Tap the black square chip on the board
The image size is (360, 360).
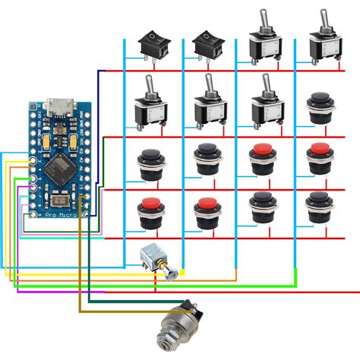(x=58, y=169)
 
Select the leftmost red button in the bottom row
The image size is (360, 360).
(x=149, y=212)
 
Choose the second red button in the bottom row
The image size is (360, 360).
(x=207, y=212)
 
